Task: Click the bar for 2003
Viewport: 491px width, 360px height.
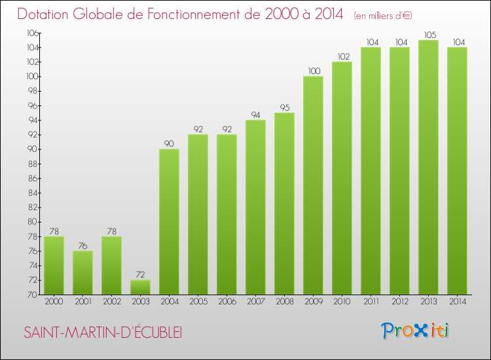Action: (x=140, y=287)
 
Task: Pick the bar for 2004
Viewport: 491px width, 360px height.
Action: (x=169, y=222)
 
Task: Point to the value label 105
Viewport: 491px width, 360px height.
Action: (x=428, y=35)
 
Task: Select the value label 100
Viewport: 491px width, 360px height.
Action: (x=313, y=71)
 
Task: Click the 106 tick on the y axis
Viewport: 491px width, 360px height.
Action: (x=31, y=33)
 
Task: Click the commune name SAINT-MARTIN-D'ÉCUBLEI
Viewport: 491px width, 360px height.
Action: (x=103, y=333)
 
